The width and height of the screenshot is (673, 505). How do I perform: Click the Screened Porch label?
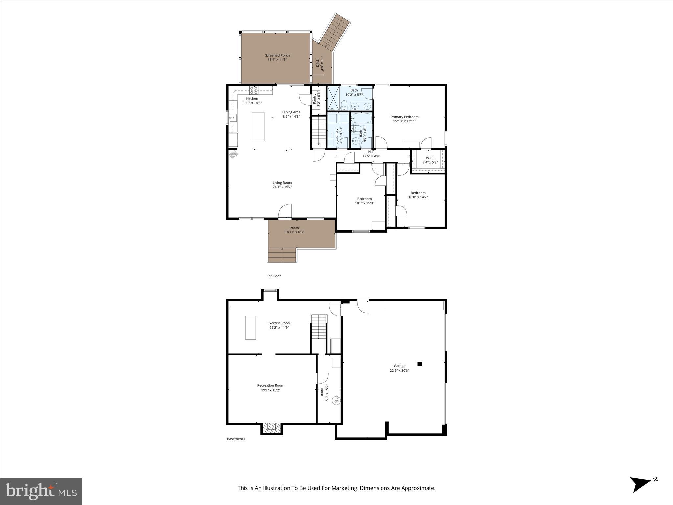277,55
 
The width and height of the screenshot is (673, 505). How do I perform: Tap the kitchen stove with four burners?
254,90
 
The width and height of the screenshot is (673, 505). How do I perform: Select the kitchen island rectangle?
258,127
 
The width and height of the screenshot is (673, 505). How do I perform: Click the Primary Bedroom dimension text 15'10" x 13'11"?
405,121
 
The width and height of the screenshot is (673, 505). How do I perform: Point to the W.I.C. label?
430,158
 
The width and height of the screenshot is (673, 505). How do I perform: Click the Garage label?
399,366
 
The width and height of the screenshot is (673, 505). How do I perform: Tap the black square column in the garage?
419,364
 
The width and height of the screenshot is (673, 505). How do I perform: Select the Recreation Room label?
270,385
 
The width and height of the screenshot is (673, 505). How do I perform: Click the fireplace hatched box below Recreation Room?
272,427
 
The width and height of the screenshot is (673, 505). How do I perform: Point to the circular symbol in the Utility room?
336,400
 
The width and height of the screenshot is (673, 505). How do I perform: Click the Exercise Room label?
279,323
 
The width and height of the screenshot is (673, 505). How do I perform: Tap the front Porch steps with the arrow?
282,255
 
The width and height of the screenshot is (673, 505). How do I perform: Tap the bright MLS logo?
41,491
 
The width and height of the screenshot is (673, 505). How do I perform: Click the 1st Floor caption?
274,276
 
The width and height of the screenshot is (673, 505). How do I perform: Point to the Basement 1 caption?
236,439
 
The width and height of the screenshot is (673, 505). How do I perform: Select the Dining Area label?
291,112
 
